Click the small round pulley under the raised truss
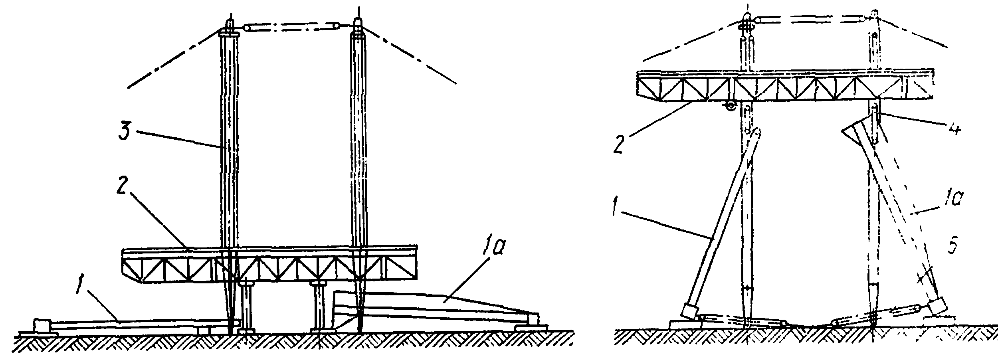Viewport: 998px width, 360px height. click(x=731, y=106)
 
